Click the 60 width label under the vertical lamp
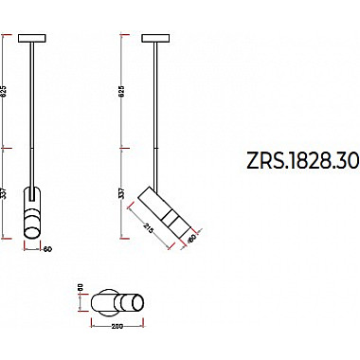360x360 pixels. click(45, 251)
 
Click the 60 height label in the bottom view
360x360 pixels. click(81, 288)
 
